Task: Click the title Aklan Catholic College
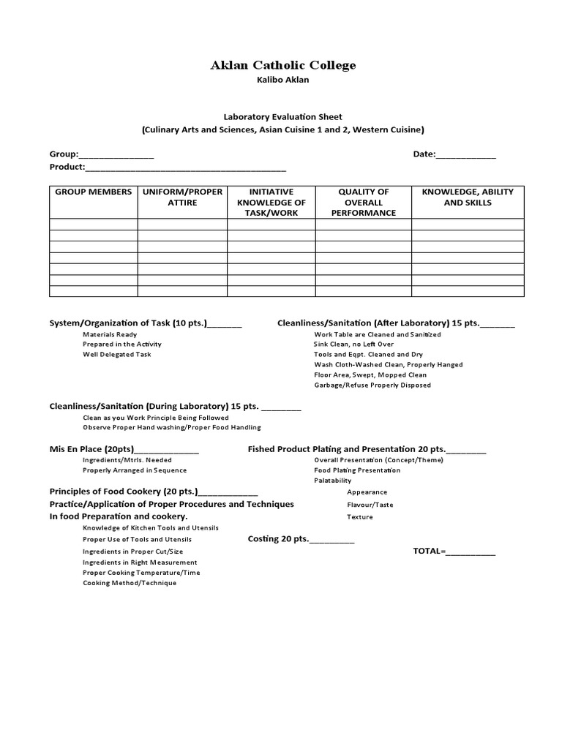pyautogui.click(x=283, y=66)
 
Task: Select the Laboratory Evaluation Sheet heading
pyautogui.click(x=282, y=117)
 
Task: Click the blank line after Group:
pyautogui.click(x=116, y=155)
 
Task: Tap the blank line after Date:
pyautogui.click(x=466, y=155)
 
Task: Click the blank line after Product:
pyautogui.click(x=186, y=167)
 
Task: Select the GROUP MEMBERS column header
pyautogui.click(x=94, y=192)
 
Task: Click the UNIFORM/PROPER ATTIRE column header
pyautogui.click(x=182, y=197)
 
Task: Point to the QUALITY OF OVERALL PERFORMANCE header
pyautogui.click(x=363, y=202)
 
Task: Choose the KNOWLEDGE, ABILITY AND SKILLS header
pyautogui.click(x=468, y=197)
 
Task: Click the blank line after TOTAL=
pyautogui.click(x=471, y=552)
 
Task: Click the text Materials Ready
pyautogui.click(x=110, y=334)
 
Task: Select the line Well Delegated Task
pyautogui.click(x=117, y=355)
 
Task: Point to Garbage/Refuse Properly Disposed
pyautogui.click(x=372, y=385)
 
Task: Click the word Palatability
pyautogui.click(x=333, y=481)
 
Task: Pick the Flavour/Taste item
pyautogui.click(x=370, y=505)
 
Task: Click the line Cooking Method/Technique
pyautogui.click(x=130, y=583)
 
